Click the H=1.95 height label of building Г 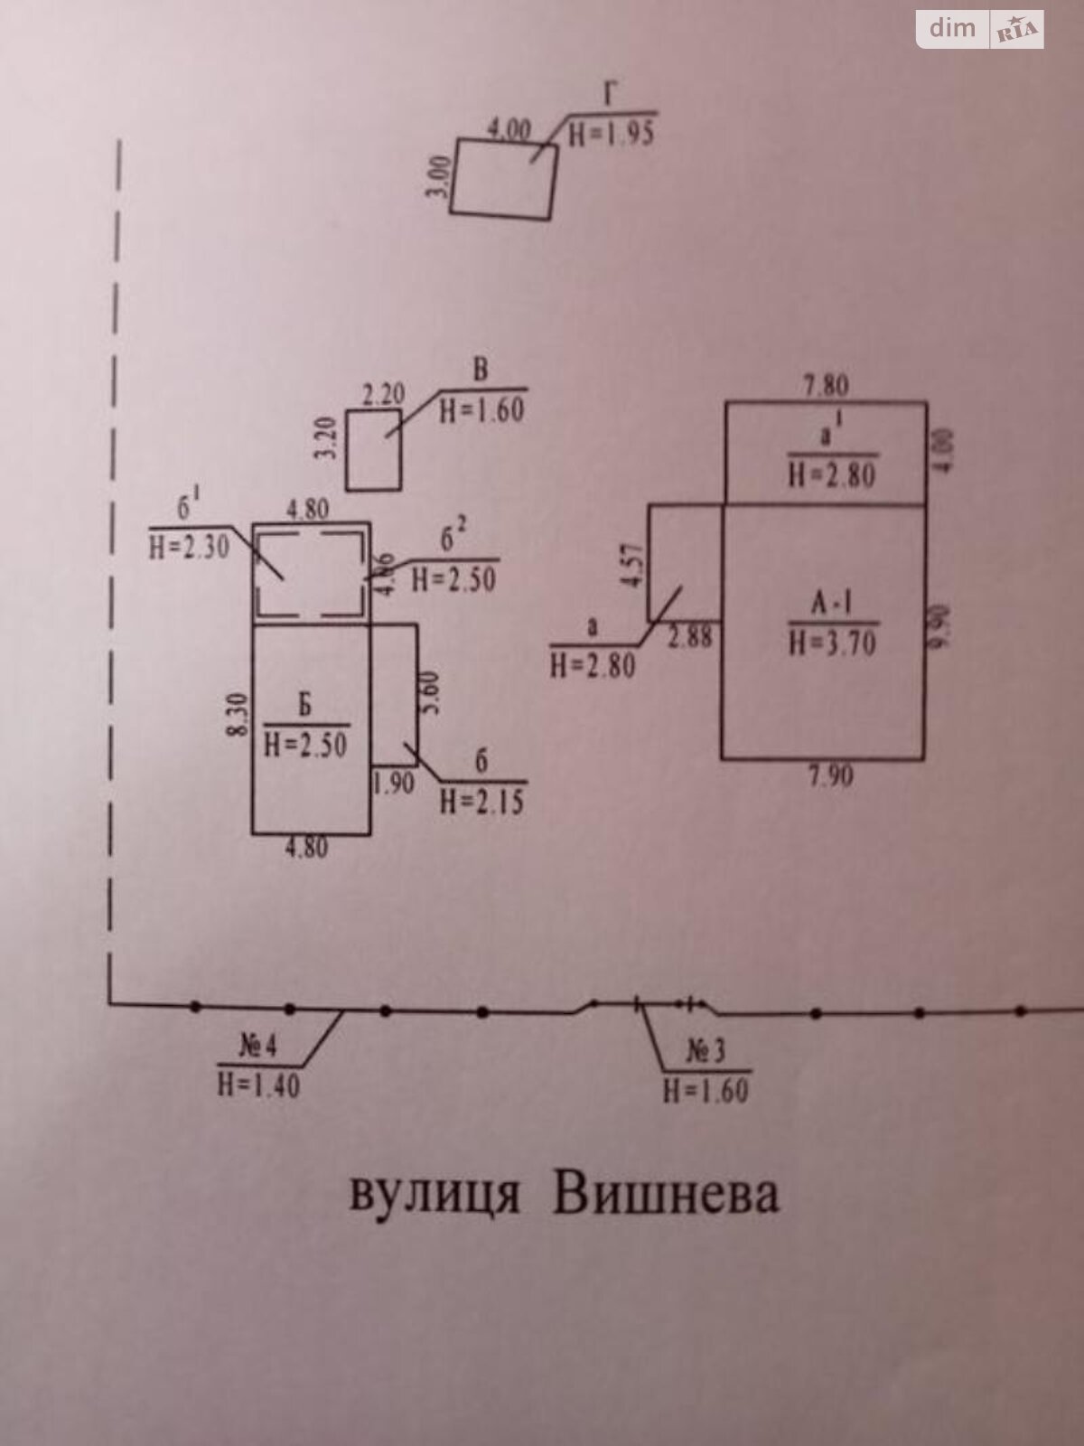612,134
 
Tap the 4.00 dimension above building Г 509,129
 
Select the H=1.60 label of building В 481,410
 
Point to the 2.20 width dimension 383,395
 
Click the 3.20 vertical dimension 329,437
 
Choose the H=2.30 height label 189,547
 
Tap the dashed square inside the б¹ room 310,575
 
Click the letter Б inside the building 305,705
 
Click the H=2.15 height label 481,801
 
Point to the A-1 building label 831,604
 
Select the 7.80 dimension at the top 826,386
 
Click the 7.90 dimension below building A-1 829,776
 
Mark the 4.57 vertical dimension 635,565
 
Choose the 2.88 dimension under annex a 690,637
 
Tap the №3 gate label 706,1052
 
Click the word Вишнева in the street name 666,1195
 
